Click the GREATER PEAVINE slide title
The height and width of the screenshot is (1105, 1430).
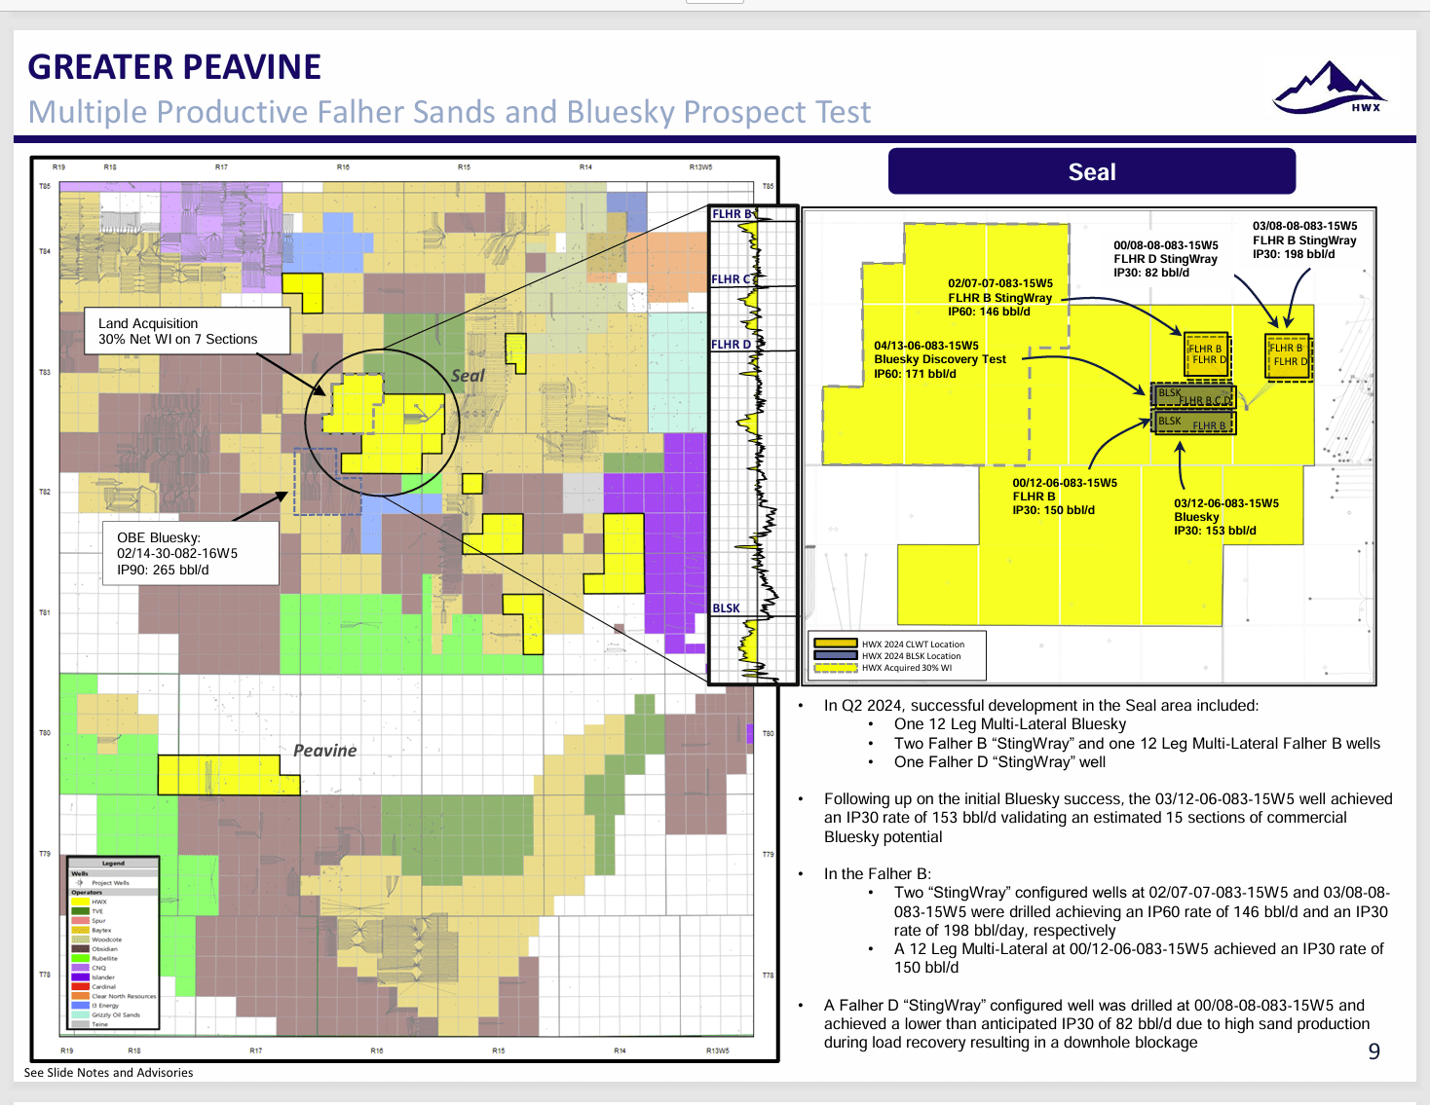174,67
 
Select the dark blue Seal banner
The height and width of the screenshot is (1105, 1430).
1091,172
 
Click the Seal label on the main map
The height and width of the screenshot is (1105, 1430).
468,376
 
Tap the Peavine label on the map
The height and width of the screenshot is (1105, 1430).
325,751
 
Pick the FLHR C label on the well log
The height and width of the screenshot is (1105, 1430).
731,279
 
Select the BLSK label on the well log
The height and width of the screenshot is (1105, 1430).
726,608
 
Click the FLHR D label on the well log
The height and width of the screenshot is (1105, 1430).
731,345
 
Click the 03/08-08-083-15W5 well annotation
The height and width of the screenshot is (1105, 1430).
1304,239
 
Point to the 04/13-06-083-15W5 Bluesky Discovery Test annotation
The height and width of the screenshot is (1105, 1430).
940,359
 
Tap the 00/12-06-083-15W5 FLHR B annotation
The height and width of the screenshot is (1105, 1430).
1064,497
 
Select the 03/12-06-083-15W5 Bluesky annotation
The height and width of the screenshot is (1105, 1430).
1225,517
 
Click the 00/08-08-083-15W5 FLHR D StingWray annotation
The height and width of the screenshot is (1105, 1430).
1165,259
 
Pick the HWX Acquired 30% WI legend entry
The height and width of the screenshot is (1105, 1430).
906,668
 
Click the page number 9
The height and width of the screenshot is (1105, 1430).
1374,1051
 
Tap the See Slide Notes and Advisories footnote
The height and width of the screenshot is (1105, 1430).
108,1073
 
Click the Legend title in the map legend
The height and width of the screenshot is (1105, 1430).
113,864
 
